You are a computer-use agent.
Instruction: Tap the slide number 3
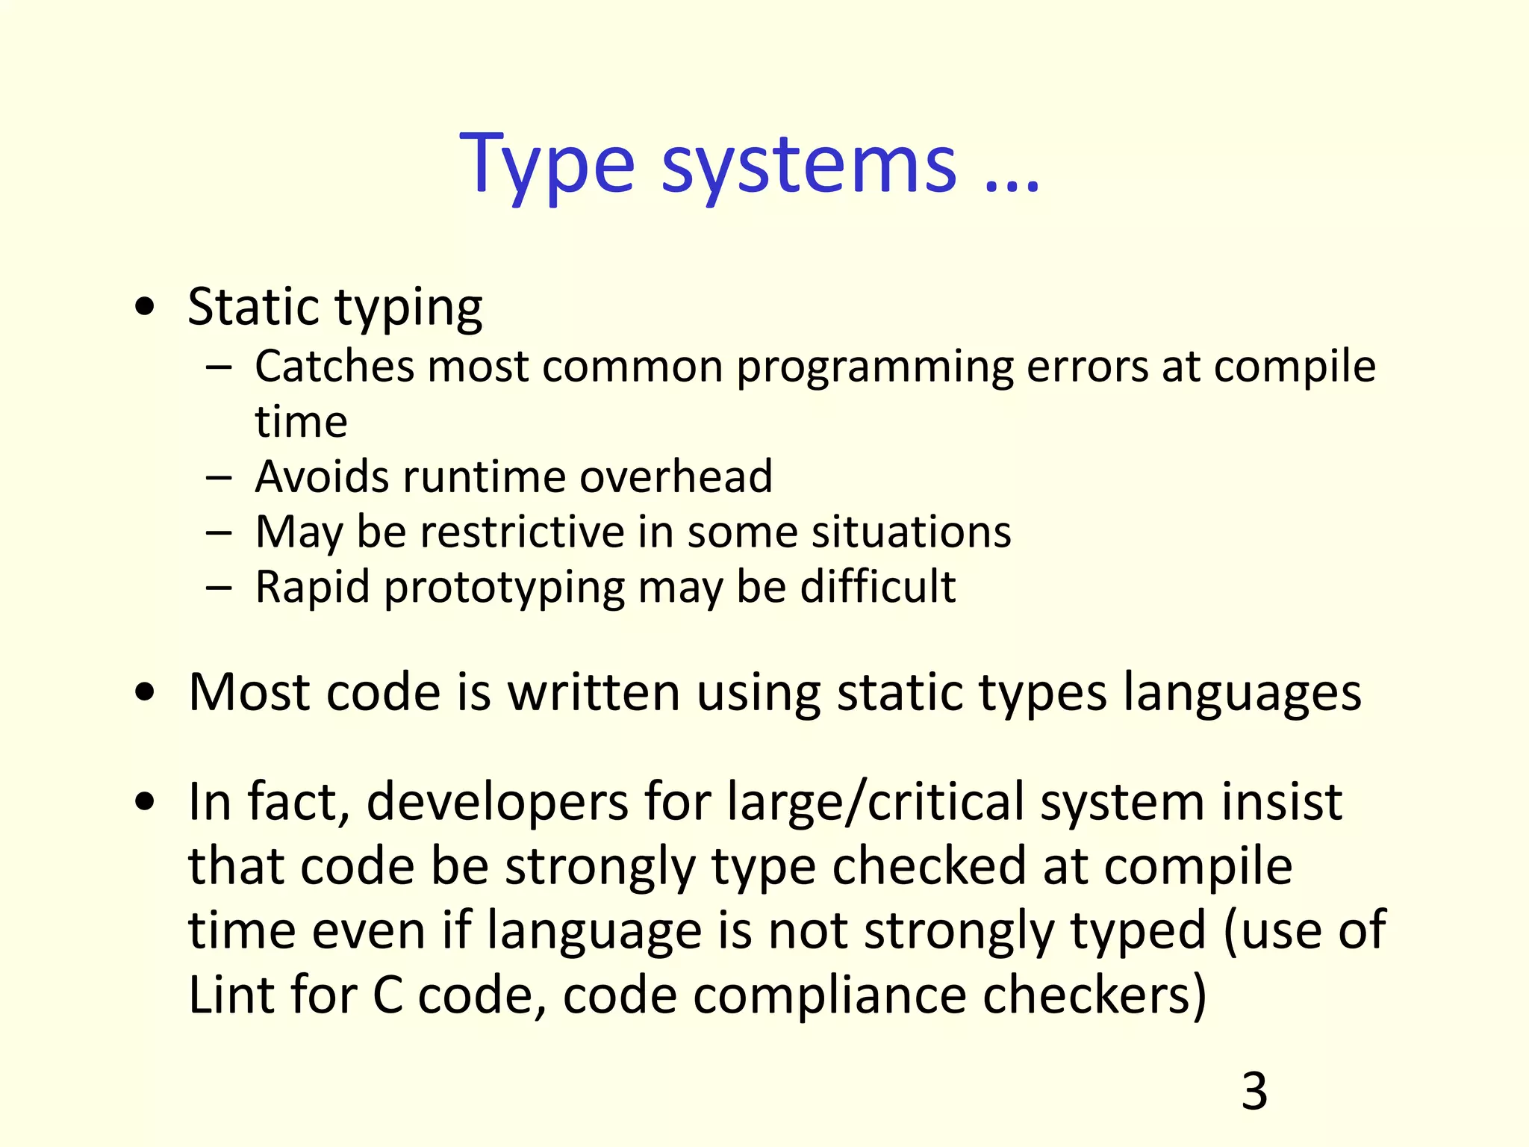[x=1254, y=1091]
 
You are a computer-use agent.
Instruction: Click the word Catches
[x=334, y=367]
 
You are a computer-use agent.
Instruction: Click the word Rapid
[x=313, y=587]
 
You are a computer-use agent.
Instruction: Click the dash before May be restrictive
[x=219, y=533]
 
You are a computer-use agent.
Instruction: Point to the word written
[x=594, y=692]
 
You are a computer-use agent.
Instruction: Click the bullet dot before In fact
[x=146, y=802]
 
